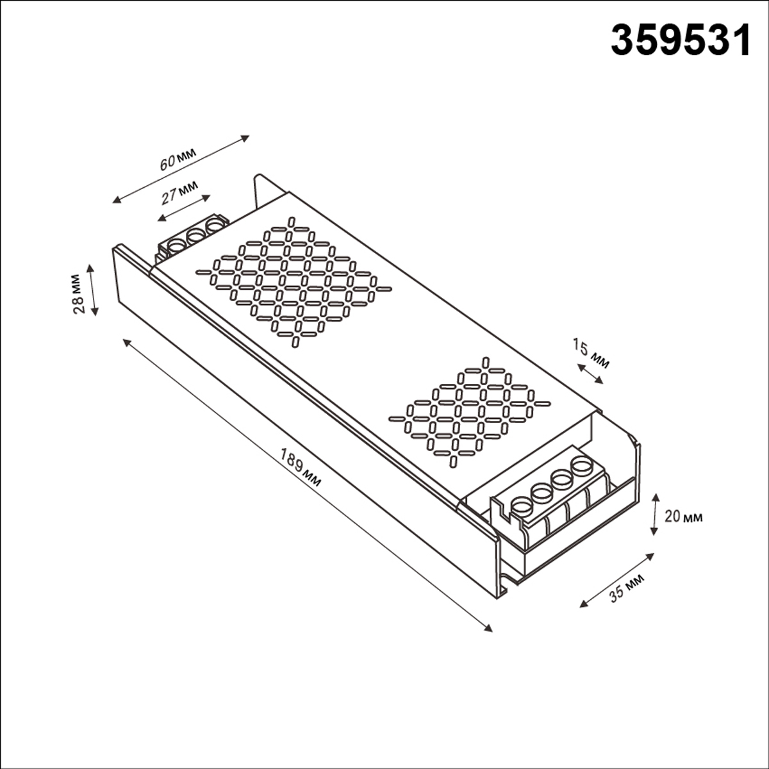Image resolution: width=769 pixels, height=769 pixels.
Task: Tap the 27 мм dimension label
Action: pos(179,192)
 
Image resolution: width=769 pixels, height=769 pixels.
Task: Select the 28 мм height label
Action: pos(78,293)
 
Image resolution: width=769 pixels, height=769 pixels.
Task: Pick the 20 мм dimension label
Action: pos(683,517)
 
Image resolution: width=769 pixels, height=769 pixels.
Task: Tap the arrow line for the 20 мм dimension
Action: pos(654,514)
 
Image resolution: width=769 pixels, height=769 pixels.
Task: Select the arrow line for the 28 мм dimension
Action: pos(94,290)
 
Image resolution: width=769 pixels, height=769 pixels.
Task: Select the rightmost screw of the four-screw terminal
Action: pos(582,465)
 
